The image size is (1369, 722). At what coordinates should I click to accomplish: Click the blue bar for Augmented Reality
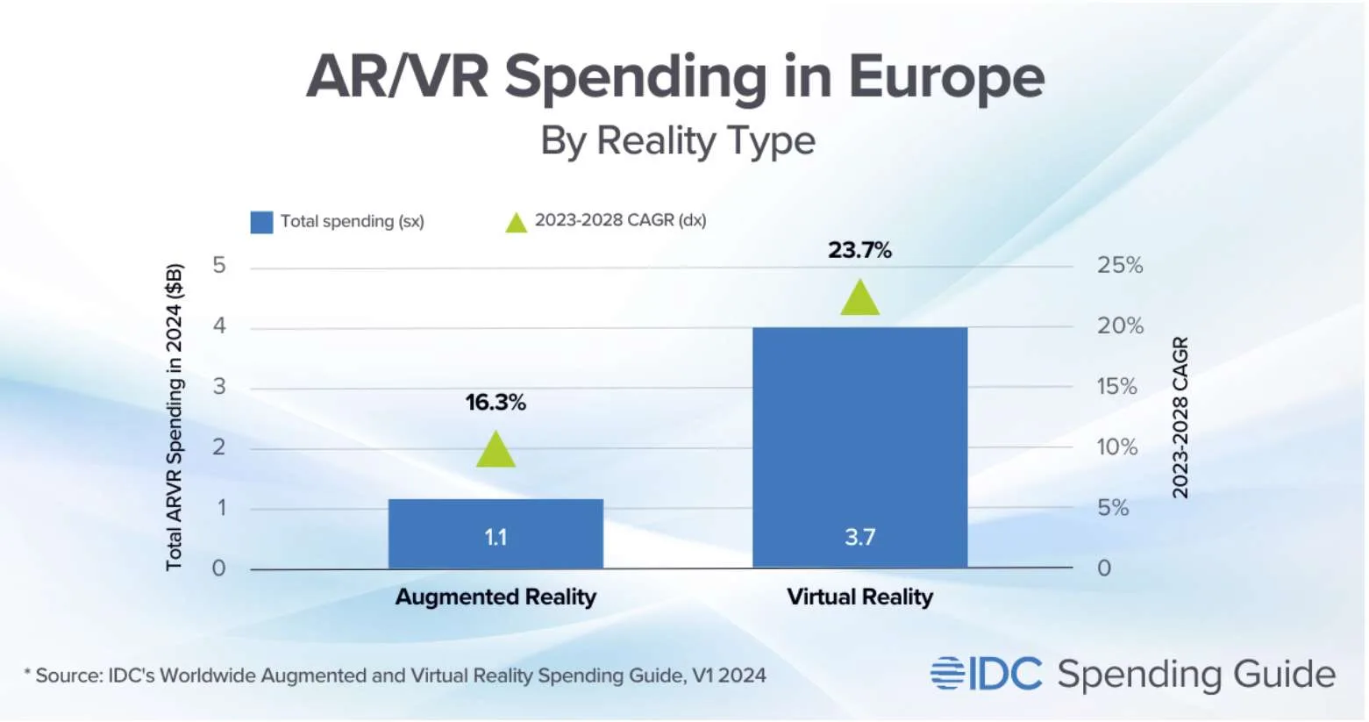496,533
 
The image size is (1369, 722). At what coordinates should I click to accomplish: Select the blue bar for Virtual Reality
860,447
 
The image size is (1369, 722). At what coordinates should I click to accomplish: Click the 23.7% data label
860,250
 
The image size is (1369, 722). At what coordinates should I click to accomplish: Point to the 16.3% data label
496,403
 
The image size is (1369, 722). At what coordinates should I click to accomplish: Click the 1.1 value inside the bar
496,538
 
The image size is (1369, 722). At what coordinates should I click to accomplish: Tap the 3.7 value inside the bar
860,538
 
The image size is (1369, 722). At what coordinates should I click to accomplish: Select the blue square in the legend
261,222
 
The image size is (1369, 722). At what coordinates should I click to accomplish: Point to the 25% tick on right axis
1120,265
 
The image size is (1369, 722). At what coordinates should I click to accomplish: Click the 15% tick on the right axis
1117,386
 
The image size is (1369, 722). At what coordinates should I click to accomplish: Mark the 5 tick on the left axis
218,265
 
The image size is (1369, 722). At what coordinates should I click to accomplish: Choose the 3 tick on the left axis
218,386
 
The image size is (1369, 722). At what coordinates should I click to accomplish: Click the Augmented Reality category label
496,597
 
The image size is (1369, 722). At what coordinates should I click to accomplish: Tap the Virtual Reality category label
860,597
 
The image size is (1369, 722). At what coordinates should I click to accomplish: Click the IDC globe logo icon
947,673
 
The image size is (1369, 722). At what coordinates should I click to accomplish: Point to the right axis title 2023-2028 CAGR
1180,418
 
